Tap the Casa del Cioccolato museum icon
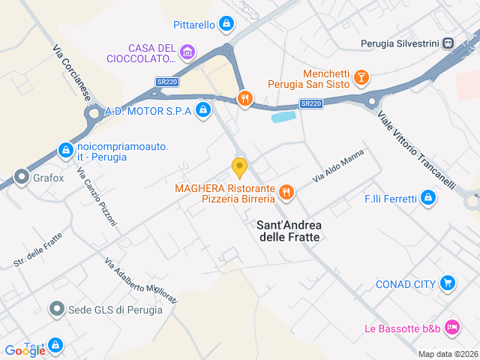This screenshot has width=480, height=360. (x=187, y=52)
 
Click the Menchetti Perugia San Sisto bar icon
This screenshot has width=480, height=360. (x=361, y=77)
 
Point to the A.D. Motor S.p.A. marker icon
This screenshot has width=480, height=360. (x=202, y=111)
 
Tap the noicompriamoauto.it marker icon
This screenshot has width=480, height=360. (x=65, y=148)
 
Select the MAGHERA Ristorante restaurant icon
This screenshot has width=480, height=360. (x=286, y=193)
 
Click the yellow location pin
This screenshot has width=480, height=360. (x=239, y=166)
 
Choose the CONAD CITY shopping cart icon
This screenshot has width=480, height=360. (x=448, y=283)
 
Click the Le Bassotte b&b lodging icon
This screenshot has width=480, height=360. (x=451, y=327)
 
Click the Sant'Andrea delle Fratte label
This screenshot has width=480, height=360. (x=288, y=230)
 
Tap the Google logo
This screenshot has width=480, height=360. (x=25, y=350)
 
